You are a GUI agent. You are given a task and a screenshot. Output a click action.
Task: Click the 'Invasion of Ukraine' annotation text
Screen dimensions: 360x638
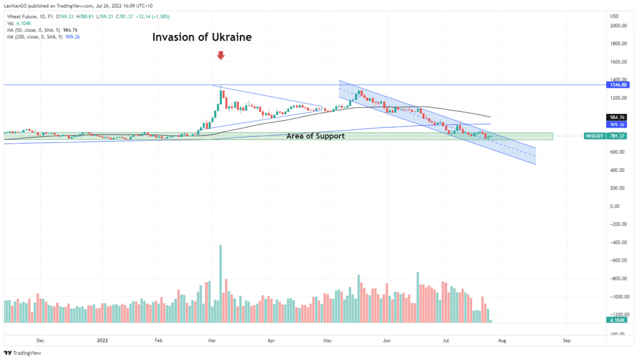202,37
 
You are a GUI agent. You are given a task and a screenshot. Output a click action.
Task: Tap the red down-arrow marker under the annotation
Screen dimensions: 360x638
220,56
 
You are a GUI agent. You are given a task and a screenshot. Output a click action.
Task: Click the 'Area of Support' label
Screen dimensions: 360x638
315,136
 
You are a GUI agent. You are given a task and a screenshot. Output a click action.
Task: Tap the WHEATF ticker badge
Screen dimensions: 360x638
594,136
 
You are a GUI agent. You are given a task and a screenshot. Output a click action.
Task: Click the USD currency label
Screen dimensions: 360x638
614,16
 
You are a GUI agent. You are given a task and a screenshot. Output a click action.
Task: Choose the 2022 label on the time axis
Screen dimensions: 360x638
103,341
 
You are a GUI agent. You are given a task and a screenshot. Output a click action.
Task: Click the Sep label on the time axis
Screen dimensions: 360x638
566,341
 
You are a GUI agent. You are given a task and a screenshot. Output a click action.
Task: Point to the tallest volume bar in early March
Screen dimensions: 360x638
221,283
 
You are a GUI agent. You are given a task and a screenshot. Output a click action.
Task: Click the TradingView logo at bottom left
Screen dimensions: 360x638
22,353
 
